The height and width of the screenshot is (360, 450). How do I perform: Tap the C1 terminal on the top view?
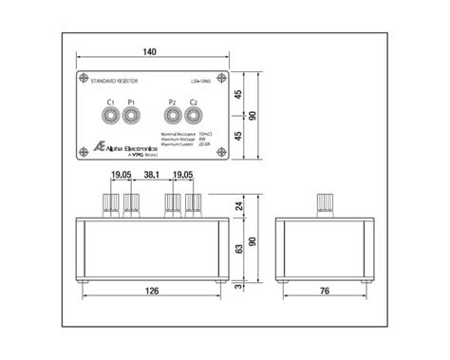tap(111, 117)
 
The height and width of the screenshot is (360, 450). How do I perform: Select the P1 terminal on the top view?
tap(131, 117)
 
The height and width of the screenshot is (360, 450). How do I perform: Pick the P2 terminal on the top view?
tap(172, 117)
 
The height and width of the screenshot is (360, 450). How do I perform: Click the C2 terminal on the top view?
tap(193, 117)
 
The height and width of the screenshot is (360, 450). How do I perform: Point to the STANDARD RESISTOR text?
tap(113, 85)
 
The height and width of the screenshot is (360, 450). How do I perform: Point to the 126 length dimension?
tap(152, 293)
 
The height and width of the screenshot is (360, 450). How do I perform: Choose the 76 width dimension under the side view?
tap(326, 293)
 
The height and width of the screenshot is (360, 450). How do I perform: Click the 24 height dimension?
tap(239, 204)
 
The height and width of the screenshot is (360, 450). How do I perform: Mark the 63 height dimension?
tap(239, 248)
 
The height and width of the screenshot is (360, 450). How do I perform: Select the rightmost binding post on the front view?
tap(193, 203)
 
